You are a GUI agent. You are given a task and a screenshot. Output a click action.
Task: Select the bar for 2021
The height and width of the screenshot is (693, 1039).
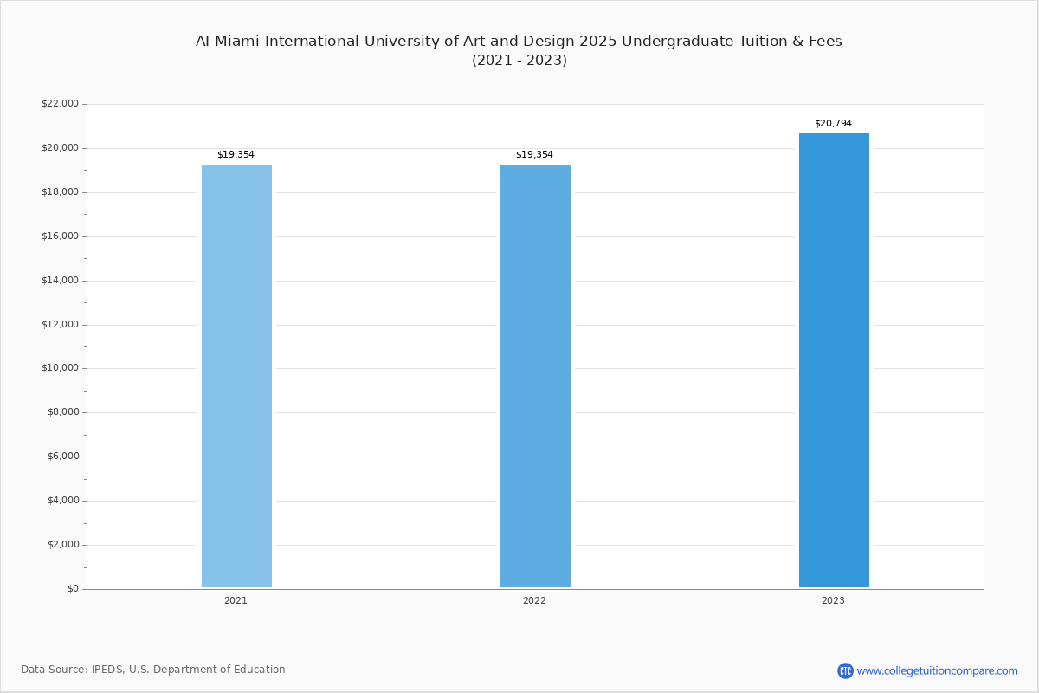[236, 376]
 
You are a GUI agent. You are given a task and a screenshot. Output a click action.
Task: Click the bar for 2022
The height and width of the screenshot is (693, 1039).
[535, 376]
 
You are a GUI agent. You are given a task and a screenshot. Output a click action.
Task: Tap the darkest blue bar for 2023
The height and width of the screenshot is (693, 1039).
[834, 360]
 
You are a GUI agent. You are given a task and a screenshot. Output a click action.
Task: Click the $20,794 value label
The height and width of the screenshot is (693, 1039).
[833, 124]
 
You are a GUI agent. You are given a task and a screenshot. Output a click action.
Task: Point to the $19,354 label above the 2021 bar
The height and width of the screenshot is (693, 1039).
[236, 155]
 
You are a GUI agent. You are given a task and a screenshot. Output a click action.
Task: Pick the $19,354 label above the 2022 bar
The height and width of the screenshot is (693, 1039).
[534, 155]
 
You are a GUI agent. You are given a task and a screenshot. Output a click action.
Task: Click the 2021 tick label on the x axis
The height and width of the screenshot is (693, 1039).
[236, 600]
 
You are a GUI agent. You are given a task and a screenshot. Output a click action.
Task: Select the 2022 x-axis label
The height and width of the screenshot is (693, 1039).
[534, 600]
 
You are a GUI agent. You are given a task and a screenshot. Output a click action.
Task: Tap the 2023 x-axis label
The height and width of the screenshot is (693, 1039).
[833, 600]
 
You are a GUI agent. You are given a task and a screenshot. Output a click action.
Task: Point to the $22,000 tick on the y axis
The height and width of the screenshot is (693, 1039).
[60, 104]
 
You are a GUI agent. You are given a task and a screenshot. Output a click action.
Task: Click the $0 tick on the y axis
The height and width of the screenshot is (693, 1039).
[72, 589]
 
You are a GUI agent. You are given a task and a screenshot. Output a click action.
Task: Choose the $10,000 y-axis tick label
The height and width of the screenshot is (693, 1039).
[60, 368]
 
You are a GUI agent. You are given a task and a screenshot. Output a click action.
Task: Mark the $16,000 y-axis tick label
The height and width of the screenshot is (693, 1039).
[60, 236]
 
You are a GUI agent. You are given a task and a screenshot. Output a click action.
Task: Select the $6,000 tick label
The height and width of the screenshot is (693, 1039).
[62, 457]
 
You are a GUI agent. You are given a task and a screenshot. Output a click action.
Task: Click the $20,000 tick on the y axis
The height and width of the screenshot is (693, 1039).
[60, 148]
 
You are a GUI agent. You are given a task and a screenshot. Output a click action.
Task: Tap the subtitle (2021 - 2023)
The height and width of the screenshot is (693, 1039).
[519, 61]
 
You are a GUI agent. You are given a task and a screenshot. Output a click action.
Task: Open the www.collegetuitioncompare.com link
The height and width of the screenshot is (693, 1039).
[937, 670]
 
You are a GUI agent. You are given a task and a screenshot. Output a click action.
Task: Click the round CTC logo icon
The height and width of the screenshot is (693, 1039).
[845, 670]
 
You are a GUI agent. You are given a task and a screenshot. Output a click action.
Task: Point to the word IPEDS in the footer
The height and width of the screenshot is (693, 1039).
[108, 670]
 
